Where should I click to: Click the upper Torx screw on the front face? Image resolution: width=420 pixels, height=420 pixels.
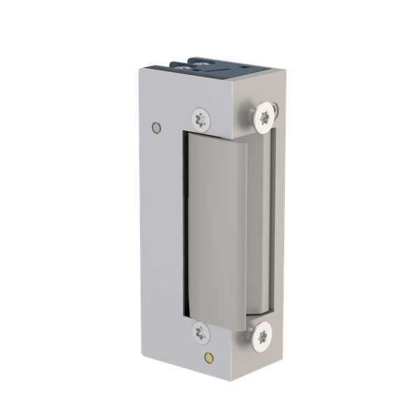201,118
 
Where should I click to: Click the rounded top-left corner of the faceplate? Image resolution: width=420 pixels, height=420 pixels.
141,70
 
